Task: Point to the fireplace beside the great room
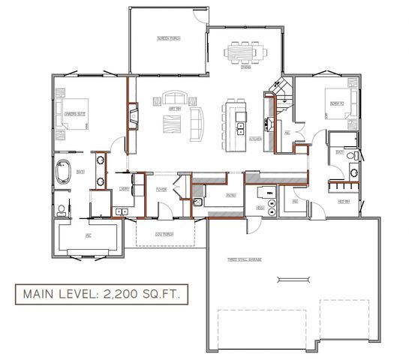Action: (133, 117)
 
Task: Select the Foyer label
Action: (161, 190)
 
